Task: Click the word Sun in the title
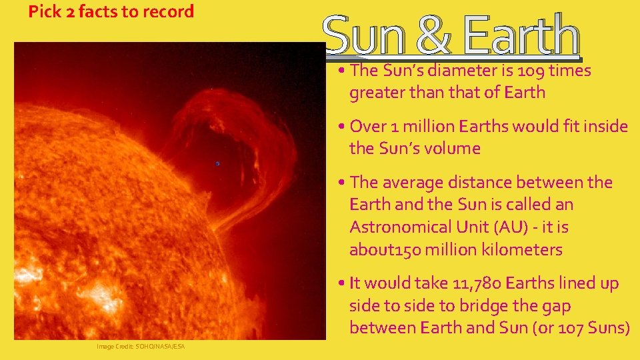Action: (366, 35)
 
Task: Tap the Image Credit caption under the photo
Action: (141, 347)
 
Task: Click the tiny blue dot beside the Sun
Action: (217, 163)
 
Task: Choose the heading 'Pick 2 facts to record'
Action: (111, 11)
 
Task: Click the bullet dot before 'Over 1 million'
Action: (341, 127)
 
